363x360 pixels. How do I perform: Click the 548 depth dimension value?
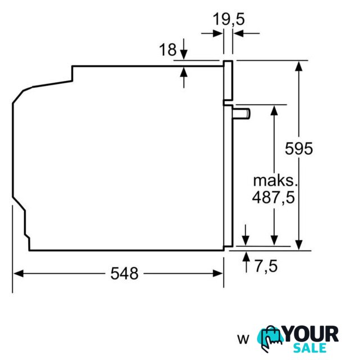coord(124,273)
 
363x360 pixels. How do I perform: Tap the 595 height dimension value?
coord(298,148)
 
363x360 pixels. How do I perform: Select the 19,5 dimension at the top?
coord(229,19)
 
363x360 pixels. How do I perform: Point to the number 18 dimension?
coord(167,49)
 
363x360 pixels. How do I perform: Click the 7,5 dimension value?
coord(266,266)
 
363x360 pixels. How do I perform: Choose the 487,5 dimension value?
coord(274,197)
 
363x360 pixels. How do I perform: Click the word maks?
coord(275,181)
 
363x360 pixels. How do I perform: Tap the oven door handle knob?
coord(241,114)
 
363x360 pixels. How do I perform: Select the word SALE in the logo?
coord(310,348)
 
